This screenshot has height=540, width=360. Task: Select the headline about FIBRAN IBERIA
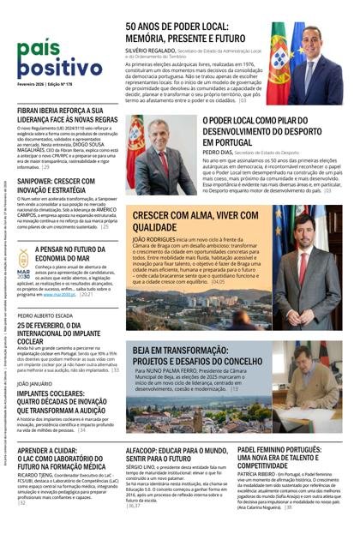[x=67, y=117]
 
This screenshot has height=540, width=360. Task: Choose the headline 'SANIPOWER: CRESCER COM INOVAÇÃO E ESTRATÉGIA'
[x=57, y=187]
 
